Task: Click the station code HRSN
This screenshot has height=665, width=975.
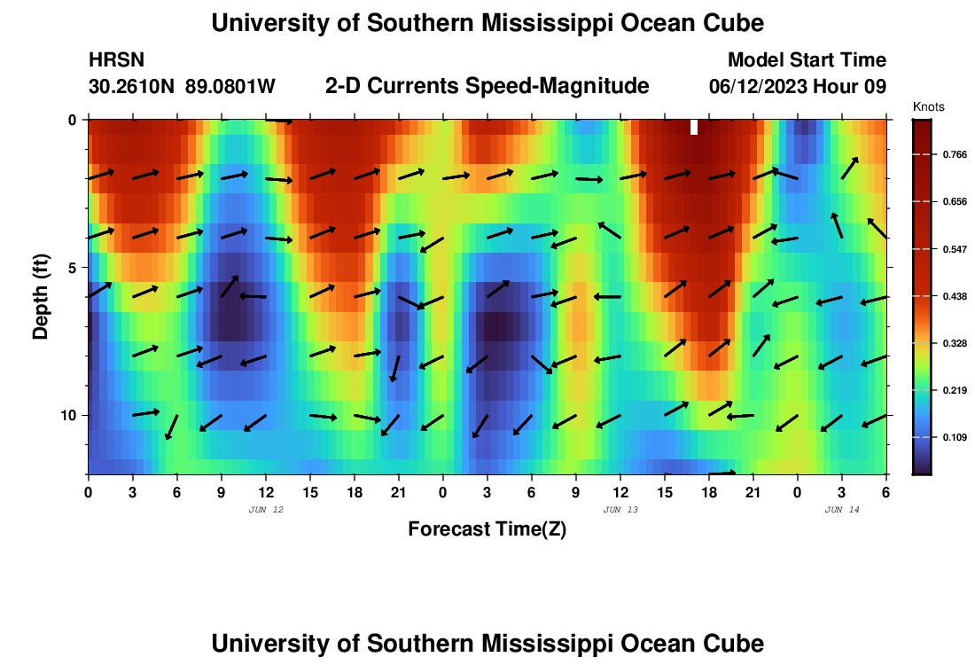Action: [117, 60]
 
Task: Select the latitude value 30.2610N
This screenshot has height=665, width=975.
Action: [133, 86]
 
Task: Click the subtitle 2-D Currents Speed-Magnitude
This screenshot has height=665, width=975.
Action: [487, 86]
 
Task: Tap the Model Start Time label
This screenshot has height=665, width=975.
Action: [807, 60]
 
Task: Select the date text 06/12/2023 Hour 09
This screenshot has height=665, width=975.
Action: [798, 86]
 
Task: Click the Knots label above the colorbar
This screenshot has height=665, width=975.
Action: [929, 106]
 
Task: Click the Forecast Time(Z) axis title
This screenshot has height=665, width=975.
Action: [487, 529]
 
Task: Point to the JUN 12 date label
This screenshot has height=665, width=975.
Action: [266, 509]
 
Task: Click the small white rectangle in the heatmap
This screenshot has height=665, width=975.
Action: [694, 127]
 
